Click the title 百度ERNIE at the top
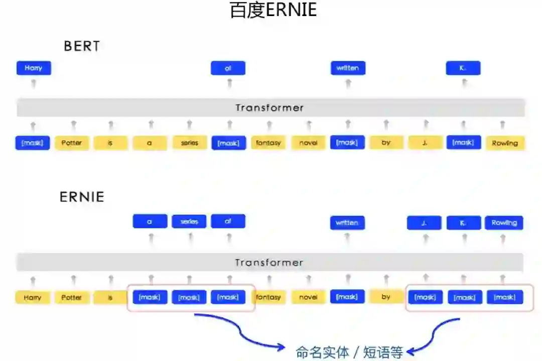[x=273, y=11]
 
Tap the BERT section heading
[x=82, y=46]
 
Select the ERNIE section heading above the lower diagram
[x=82, y=197]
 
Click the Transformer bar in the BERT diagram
[x=270, y=108]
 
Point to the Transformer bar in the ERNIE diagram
[x=270, y=263]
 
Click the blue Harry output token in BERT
[x=34, y=68]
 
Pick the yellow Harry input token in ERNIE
[x=33, y=298]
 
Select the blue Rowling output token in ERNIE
[x=504, y=223]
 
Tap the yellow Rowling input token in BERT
[x=504, y=143]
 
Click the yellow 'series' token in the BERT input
[x=189, y=143]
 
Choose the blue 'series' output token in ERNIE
[x=189, y=221]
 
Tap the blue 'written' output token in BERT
[x=348, y=68]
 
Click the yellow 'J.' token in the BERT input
[x=425, y=143]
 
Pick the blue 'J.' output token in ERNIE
[x=425, y=223]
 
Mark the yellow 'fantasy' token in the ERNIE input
[x=268, y=298]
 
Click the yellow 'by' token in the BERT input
[x=386, y=143]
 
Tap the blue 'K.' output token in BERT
[x=463, y=68]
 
